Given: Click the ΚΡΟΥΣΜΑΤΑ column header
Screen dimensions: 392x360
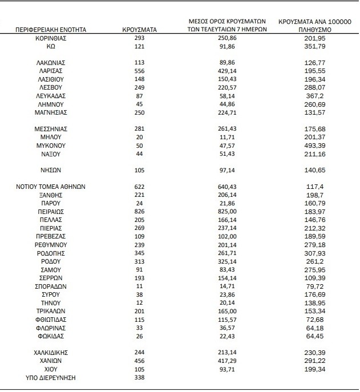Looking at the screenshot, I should point(140,29).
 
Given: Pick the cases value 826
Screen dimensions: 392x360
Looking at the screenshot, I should point(140,211).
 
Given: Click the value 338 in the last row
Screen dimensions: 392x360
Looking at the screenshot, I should point(140,377).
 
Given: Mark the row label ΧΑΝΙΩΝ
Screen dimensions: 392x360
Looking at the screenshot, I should point(52,361).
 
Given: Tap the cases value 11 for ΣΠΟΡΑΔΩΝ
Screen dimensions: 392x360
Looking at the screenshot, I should point(140,286).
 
